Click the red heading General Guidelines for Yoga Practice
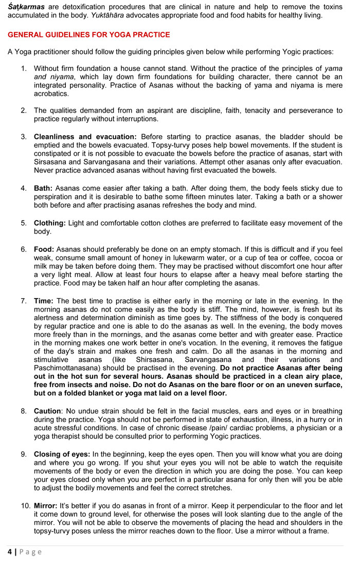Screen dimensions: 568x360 (x=88, y=34)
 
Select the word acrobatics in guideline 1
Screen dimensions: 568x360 (x=51, y=94)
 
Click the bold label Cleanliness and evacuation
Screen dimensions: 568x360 (x=85, y=137)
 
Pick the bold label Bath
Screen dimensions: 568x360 (x=43, y=188)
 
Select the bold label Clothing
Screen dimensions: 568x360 (x=50, y=223)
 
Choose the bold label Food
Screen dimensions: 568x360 (x=44, y=249)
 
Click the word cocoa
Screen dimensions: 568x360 (x=320, y=258)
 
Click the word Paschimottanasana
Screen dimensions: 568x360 (x=65, y=368)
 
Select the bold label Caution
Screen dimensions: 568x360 (x=48, y=411)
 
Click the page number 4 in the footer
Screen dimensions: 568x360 (x=10, y=552)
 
